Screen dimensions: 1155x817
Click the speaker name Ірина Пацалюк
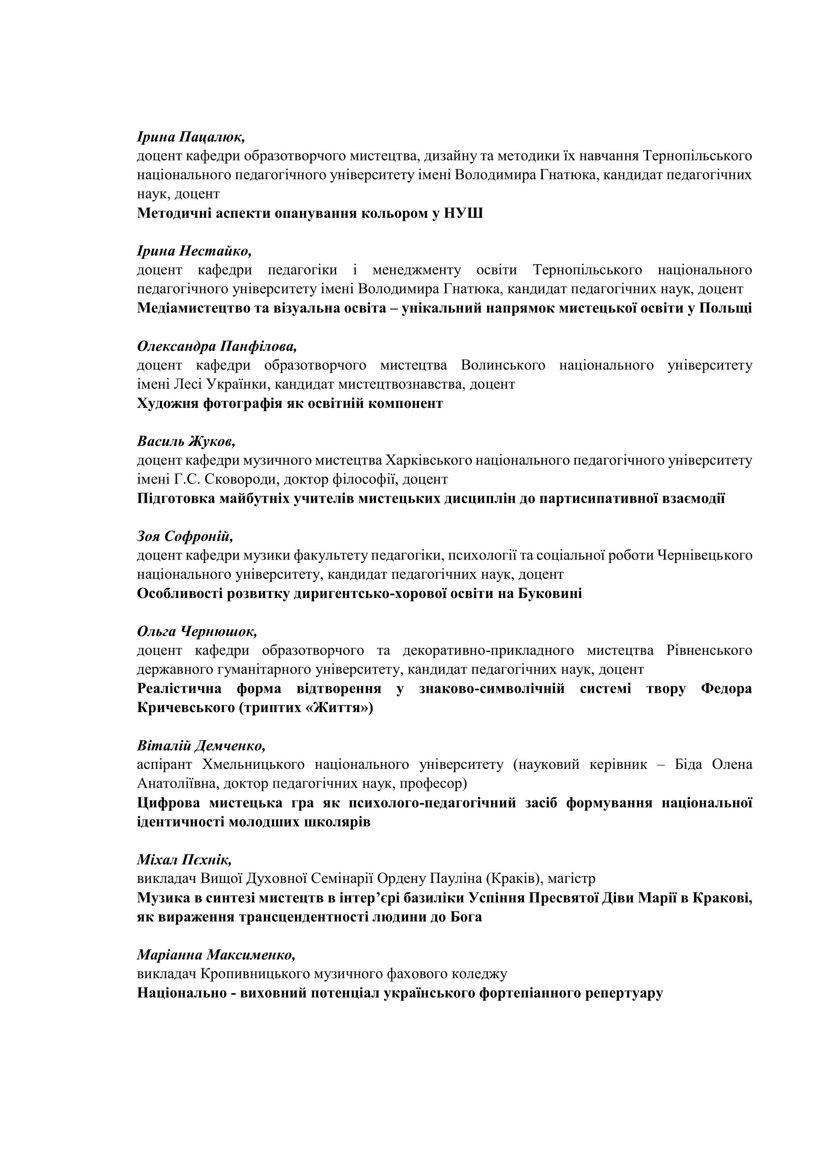tap(191, 137)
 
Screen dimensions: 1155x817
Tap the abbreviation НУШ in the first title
tap(463, 213)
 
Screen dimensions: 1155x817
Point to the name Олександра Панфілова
tap(217, 346)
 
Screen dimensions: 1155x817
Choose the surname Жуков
tap(211, 441)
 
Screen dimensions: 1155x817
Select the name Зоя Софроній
tap(185, 536)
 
